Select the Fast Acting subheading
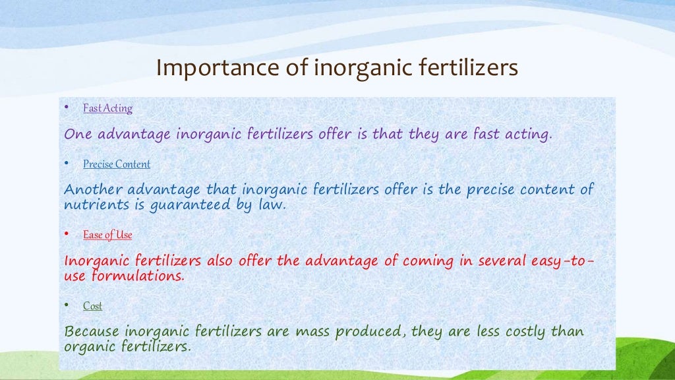[x=107, y=108]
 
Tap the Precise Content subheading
[x=117, y=164]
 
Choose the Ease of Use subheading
[x=107, y=235]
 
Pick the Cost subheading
[x=92, y=306]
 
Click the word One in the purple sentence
[x=76, y=135]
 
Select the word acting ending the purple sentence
[x=529, y=135]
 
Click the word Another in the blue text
[x=90, y=191]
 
